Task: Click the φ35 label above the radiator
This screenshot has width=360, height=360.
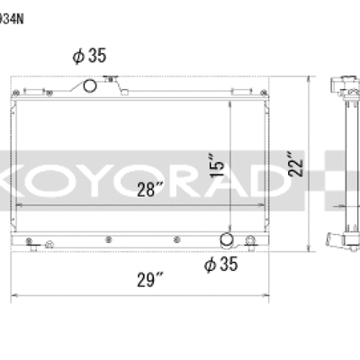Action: pyautogui.click(x=90, y=56)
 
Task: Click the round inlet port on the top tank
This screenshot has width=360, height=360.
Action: pyautogui.click(x=89, y=86)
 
